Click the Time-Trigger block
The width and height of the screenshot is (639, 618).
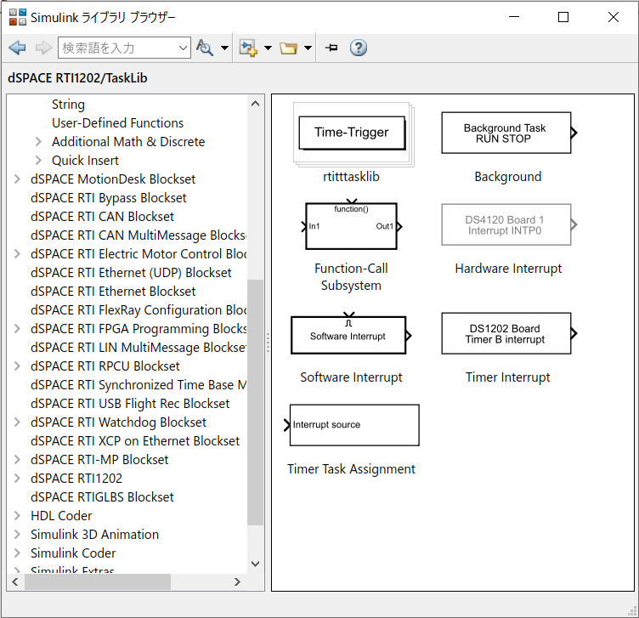coord(351,133)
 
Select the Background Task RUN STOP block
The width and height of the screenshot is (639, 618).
coord(506,133)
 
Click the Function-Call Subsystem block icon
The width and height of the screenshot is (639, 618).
coord(351,226)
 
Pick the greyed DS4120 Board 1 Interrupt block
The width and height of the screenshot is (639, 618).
coord(506,225)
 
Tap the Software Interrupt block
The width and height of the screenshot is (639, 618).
coord(348,336)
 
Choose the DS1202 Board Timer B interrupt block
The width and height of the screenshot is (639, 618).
coord(506,333)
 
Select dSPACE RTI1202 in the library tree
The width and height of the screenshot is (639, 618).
coord(76,479)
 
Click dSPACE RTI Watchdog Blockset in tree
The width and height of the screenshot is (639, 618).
coord(118,422)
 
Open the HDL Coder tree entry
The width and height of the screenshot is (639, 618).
coord(61,516)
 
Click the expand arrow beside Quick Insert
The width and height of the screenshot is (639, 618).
coord(38,161)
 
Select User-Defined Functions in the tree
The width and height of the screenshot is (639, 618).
coord(117,123)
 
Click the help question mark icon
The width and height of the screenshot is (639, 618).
coord(359,48)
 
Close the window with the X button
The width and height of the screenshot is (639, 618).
coord(614,17)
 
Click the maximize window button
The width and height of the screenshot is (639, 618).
coord(563,17)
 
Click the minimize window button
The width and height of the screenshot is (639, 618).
coord(513,17)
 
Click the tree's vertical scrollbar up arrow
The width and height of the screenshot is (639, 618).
coord(256,103)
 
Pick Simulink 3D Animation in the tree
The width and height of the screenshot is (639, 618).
coord(94,535)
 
